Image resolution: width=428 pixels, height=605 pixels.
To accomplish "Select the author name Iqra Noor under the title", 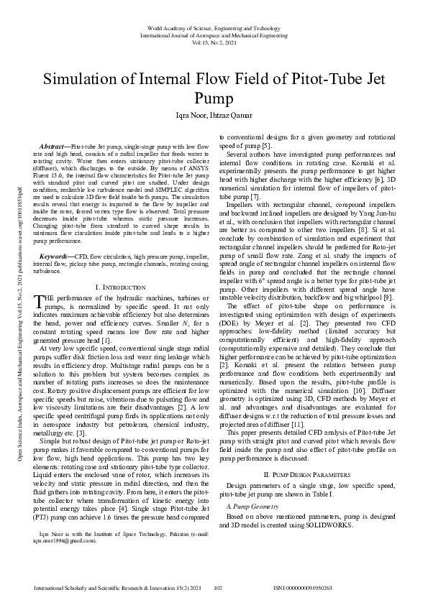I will (x=186, y=114).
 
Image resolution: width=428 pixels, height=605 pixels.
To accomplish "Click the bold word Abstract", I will (x=57, y=146).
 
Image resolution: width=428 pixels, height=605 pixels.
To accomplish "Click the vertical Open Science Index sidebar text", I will (x=13, y=302).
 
